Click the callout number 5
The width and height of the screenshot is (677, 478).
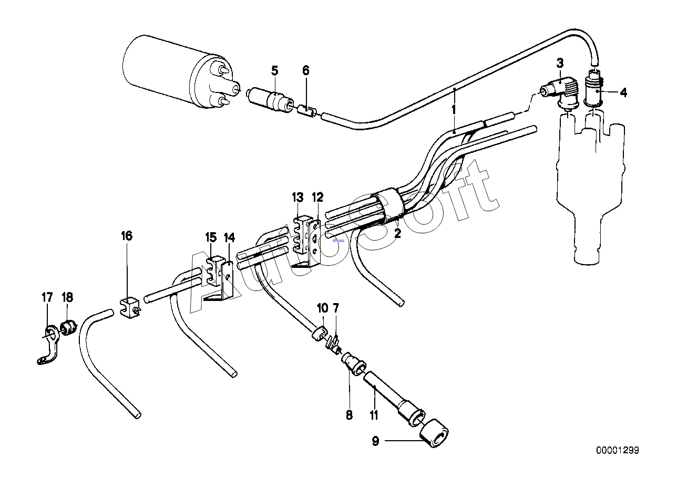[274, 70]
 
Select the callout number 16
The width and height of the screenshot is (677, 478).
[127, 236]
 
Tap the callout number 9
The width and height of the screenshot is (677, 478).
[375, 441]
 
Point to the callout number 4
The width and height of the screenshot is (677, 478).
[623, 93]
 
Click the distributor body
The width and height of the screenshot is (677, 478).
[589, 179]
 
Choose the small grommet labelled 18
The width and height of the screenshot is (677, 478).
[68, 328]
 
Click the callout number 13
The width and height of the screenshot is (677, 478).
[298, 198]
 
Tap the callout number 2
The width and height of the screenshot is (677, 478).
[397, 234]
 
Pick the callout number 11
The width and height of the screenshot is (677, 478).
[374, 415]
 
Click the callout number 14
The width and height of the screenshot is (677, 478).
[229, 237]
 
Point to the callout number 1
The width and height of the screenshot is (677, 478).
[453, 110]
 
